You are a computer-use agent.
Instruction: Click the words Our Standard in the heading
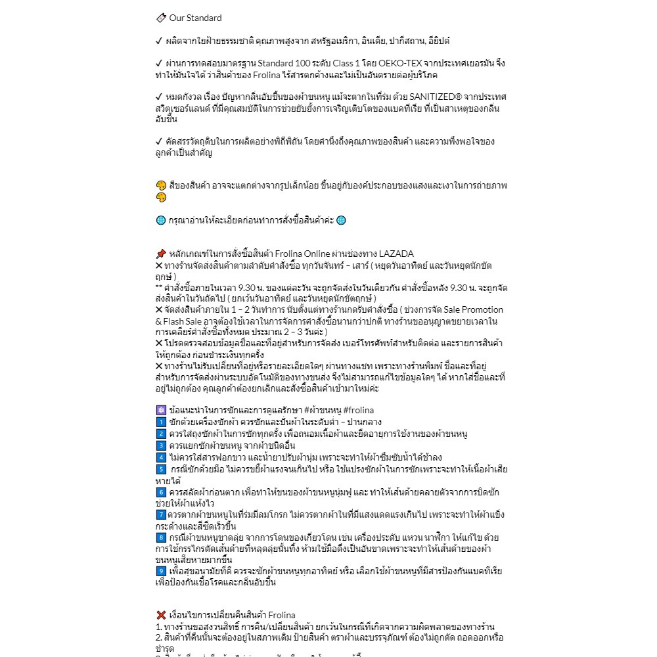click(195, 18)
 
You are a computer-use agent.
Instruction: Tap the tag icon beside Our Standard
click(161, 18)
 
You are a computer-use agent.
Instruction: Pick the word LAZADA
click(396, 254)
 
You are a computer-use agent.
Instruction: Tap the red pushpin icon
click(161, 254)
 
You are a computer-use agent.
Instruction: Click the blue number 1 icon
click(161, 422)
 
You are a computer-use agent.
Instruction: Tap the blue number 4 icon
click(161, 457)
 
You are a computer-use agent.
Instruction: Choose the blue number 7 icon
click(161, 514)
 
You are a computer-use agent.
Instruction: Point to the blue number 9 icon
click(161, 571)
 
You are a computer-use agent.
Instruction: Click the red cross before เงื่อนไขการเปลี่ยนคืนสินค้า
click(161, 615)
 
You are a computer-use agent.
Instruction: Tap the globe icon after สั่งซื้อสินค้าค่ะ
click(341, 220)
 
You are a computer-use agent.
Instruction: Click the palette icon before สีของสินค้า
click(161, 185)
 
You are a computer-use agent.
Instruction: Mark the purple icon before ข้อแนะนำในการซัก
click(161, 409)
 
